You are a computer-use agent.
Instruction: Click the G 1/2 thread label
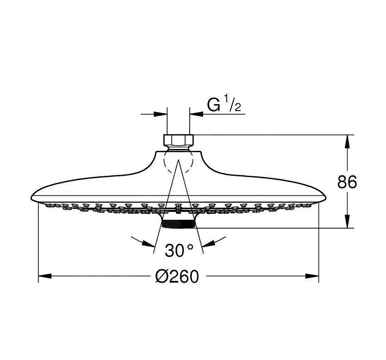224,105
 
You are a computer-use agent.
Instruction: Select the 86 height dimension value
347,182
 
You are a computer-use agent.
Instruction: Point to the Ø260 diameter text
177,276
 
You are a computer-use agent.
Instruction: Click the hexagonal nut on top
178,140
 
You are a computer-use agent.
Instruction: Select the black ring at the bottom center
178,224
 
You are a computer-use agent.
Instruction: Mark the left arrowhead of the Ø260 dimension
44,276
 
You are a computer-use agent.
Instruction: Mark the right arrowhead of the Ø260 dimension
312,276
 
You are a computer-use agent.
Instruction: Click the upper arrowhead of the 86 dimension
347,141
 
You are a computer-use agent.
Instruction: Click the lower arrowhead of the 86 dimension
347,222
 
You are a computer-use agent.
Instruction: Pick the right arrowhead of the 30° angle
208,243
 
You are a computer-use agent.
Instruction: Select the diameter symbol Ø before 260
163,276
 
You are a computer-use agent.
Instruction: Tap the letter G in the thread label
214,106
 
